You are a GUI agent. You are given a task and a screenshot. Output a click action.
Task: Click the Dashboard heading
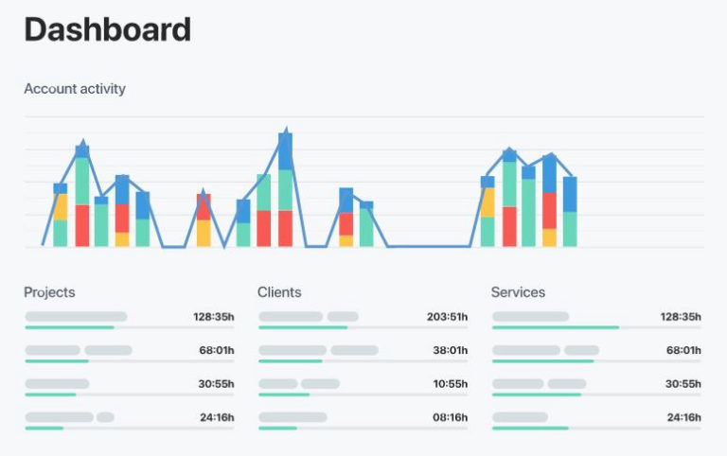[x=107, y=29]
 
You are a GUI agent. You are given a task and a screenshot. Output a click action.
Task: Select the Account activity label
[x=75, y=89]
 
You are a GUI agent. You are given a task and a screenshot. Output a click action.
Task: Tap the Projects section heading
[x=49, y=292]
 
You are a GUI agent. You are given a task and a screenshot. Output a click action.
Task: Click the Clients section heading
[x=279, y=292]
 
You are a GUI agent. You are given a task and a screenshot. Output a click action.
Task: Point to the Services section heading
[x=518, y=292]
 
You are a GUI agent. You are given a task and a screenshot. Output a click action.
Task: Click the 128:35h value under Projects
[x=211, y=317]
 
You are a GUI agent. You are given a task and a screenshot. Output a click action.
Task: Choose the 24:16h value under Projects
[x=215, y=417]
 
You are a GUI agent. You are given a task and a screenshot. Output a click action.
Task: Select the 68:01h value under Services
[x=683, y=350]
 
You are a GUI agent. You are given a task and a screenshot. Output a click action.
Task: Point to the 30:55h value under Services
[x=683, y=384]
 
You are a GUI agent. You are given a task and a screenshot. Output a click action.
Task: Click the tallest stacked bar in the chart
[x=285, y=189]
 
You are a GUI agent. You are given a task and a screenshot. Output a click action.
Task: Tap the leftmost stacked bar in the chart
[x=60, y=216]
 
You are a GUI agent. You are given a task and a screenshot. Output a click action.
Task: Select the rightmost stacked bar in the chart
[x=570, y=212]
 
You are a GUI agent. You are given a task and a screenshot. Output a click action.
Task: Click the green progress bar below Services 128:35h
[x=556, y=327]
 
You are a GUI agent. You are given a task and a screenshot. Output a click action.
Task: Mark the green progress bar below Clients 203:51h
[x=302, y=327]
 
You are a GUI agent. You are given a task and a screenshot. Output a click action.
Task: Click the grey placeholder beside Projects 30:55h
[x=57, y=384]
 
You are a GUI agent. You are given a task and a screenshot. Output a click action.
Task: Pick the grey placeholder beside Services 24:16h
[x=520, y=417]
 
